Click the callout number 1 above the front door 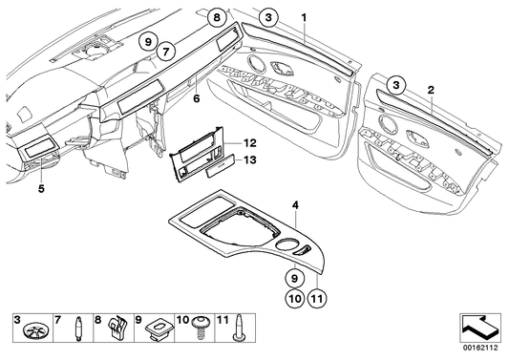pyautogui.click(x=305, y=18)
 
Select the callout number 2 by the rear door pyautogui.click(x=431, y=89)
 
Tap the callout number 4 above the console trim pyautogui.click(x=296, y=204)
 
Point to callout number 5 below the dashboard pyautogui.click(x=41, y=189)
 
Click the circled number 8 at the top pyautogui.click(x=217, y=17)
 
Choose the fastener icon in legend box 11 pyautogui.click(x=239, y=331)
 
